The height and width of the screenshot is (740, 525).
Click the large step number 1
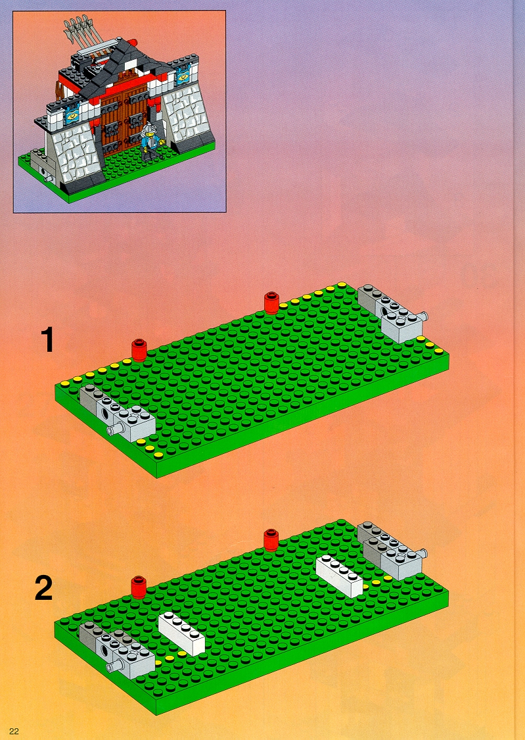coord(47,340)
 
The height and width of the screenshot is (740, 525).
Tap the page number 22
coord(14,731)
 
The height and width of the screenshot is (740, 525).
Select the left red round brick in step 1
coord(139,350)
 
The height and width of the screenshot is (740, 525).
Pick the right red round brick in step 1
coord(271,303)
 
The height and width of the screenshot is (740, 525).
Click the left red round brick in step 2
coord(139,587)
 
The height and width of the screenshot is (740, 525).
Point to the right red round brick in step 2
coord(271,540)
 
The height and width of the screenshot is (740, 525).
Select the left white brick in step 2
coord(182,634)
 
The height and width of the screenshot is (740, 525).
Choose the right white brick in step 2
coord(339,576)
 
